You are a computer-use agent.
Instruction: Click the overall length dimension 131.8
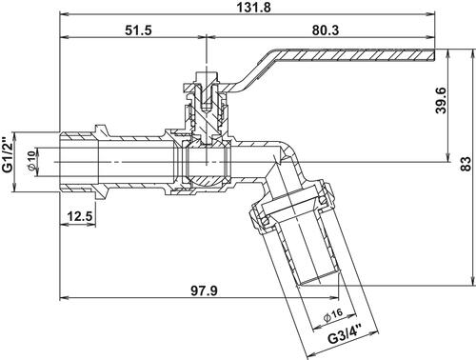click(254, 7)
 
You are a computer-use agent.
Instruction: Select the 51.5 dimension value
click(138, 30)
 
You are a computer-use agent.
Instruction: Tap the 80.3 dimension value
click(326, 30)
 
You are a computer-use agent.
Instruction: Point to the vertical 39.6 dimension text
click(441, 101)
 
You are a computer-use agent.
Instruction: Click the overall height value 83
click(466, 164)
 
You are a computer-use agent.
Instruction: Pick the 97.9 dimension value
click(204, 290)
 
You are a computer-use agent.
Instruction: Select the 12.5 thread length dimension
click(80, 217)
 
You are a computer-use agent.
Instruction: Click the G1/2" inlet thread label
click(8, 154)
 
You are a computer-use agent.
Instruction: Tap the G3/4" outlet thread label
click(345, 334)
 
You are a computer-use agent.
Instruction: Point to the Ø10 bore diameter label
click(31, 161)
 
